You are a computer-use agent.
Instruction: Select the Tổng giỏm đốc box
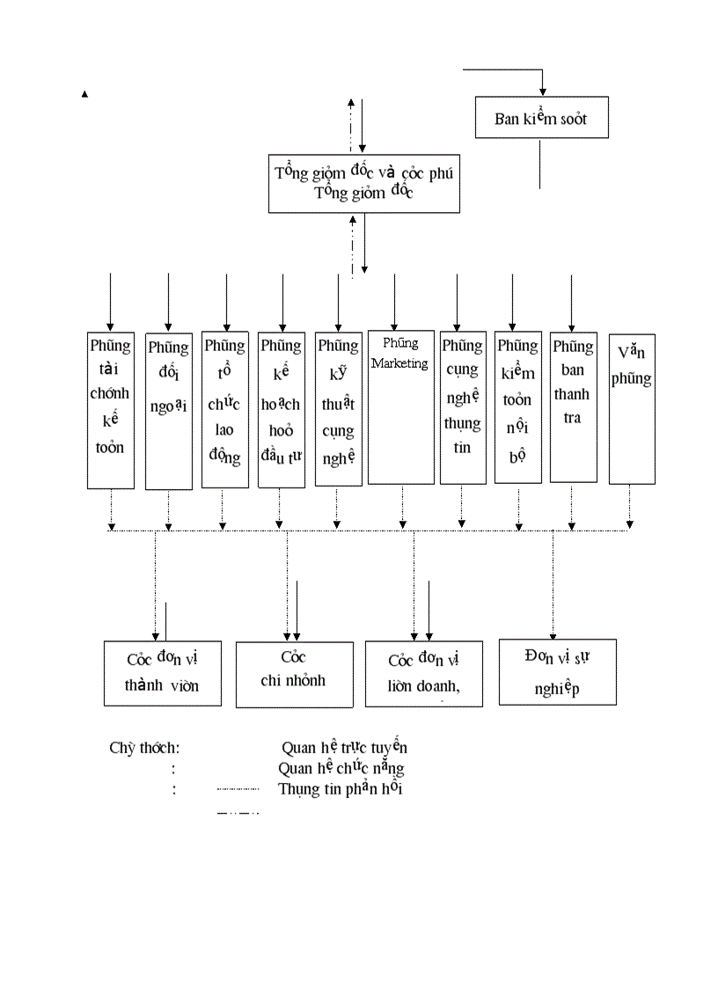(363, 183)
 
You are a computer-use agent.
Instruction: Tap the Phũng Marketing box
(400, 406)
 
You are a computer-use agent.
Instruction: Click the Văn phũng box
(632, 408)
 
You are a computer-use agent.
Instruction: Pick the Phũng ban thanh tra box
(573, 406)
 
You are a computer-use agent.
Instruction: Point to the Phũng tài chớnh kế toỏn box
(111, 409)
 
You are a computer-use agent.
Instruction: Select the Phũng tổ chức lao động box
(225, 409)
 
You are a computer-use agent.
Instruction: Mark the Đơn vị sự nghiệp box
(557, 672)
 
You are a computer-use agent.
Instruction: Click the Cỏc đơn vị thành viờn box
(162, 673)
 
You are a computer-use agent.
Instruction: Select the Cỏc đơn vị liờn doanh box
(424, 674)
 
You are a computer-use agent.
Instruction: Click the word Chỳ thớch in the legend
(145, 748)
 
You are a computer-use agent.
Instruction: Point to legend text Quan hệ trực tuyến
(344, 748)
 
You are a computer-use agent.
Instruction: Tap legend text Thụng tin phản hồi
(341, 788)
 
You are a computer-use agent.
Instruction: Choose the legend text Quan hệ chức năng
(341, 768)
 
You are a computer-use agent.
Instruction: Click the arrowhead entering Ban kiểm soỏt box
(543, 91)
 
